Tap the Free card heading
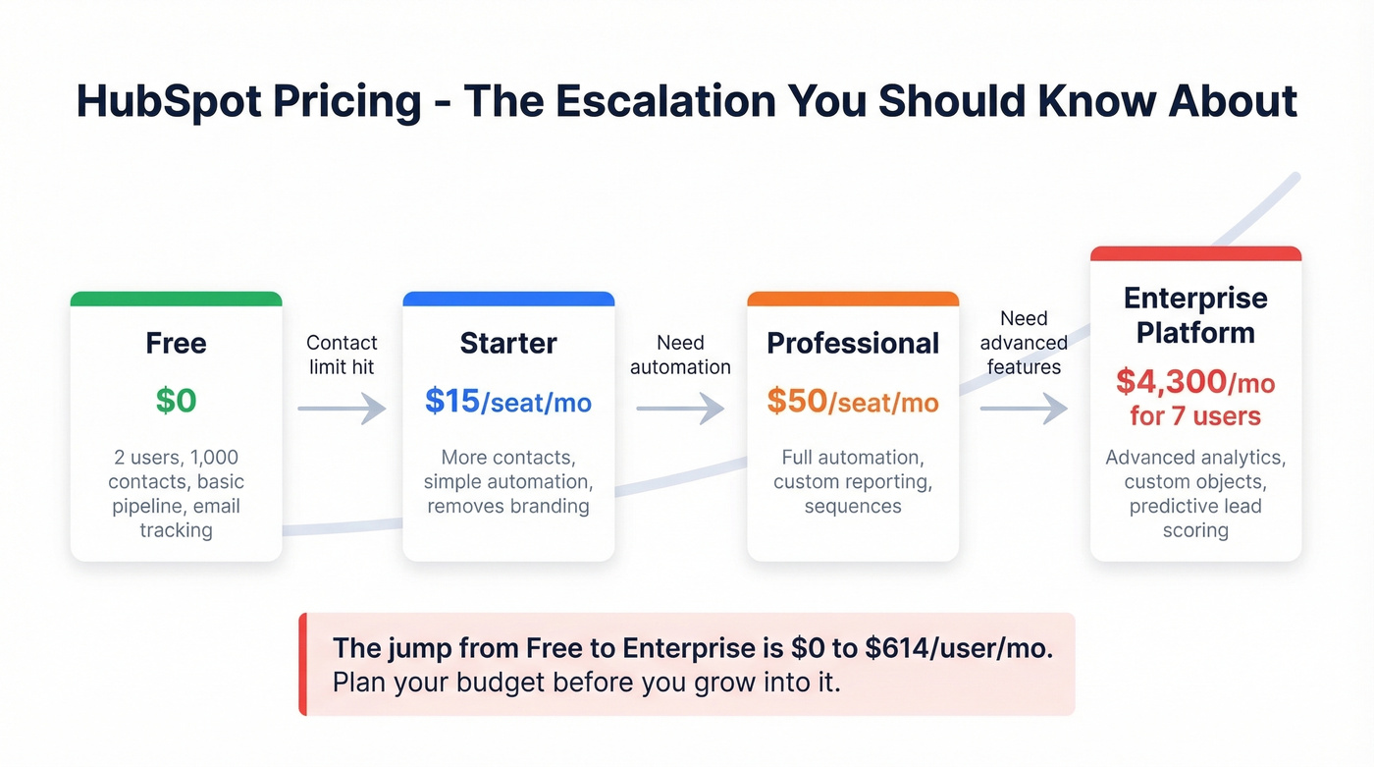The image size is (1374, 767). [x=176, y=343]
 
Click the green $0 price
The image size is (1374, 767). [x=176, y=401]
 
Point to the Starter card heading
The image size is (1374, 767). [x=508, y=343]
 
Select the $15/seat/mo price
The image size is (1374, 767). [x=508, y=401]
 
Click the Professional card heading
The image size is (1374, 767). [x=852, y=343]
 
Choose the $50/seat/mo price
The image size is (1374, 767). [x=852, y=401]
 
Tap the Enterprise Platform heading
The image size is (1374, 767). [x=1195, y=315]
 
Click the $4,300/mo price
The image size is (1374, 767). [x=1195, y=381]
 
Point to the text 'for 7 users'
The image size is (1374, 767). [x=1195, y=415]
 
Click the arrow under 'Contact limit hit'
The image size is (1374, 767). [x=342, y=408]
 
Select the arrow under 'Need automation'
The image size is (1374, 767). [x=680, y=408]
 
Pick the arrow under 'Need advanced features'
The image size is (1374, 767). [x=1024, y=408]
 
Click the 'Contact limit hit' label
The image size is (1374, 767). [x=342, y=355]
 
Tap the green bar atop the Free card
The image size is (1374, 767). [x=176, y=299]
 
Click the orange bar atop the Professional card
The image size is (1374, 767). [x=852, y=299]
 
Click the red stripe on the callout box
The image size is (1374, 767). [x=303, y=664]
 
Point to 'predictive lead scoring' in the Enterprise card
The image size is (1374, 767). [x=1195, y=519]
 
